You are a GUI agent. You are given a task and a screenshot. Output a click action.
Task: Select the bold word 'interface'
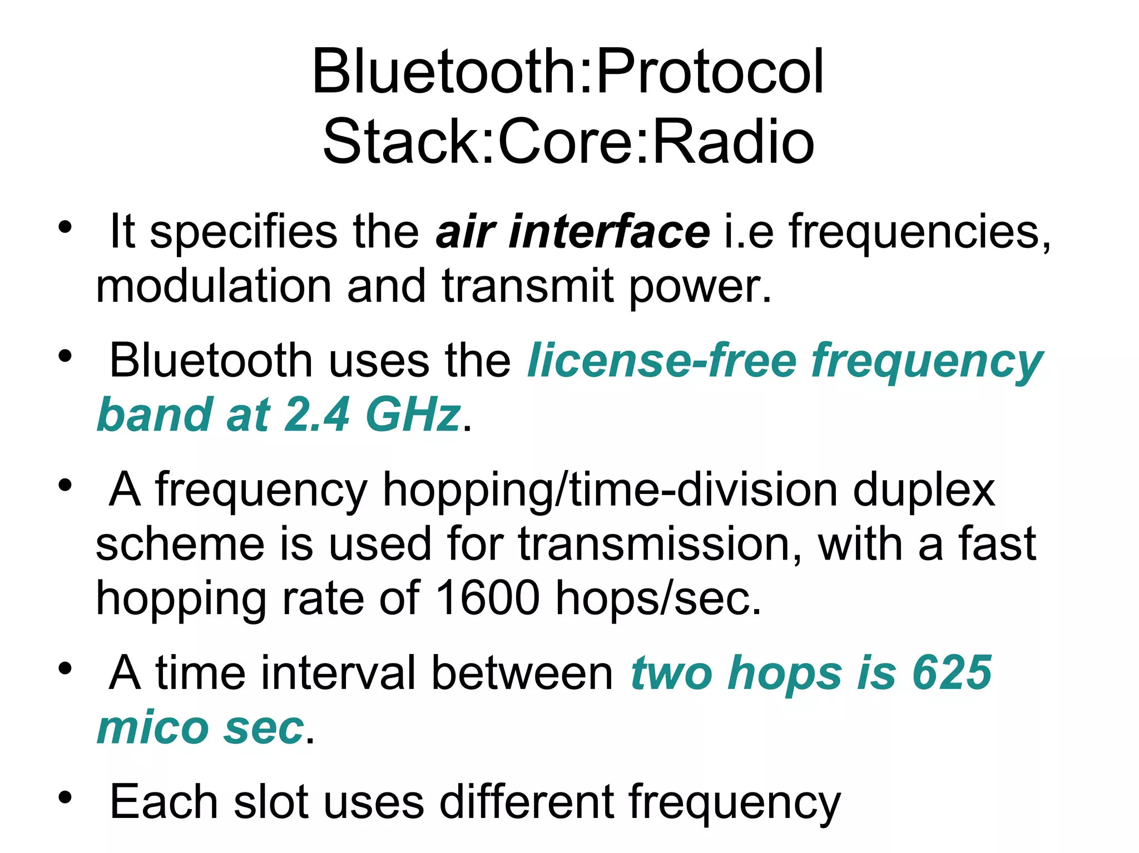tap(609, 232)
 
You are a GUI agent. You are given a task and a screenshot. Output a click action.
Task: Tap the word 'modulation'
tap(214, 287)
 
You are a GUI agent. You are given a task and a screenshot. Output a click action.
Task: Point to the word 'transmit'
tap(528, 287)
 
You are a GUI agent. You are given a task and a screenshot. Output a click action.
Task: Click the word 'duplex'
tap(923, 491)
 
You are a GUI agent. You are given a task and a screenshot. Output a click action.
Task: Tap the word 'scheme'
tap(180, 545)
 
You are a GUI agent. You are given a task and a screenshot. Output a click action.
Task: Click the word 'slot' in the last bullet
tap(271, 802)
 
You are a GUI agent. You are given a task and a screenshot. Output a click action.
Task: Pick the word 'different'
tap(526, 802)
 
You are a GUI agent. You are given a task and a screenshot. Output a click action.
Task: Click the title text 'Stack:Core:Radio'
tap(568, 142)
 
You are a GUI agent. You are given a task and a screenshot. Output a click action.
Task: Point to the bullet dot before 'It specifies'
tap(65, 227)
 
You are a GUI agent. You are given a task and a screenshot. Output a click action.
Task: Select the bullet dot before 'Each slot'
tap(65, 797)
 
